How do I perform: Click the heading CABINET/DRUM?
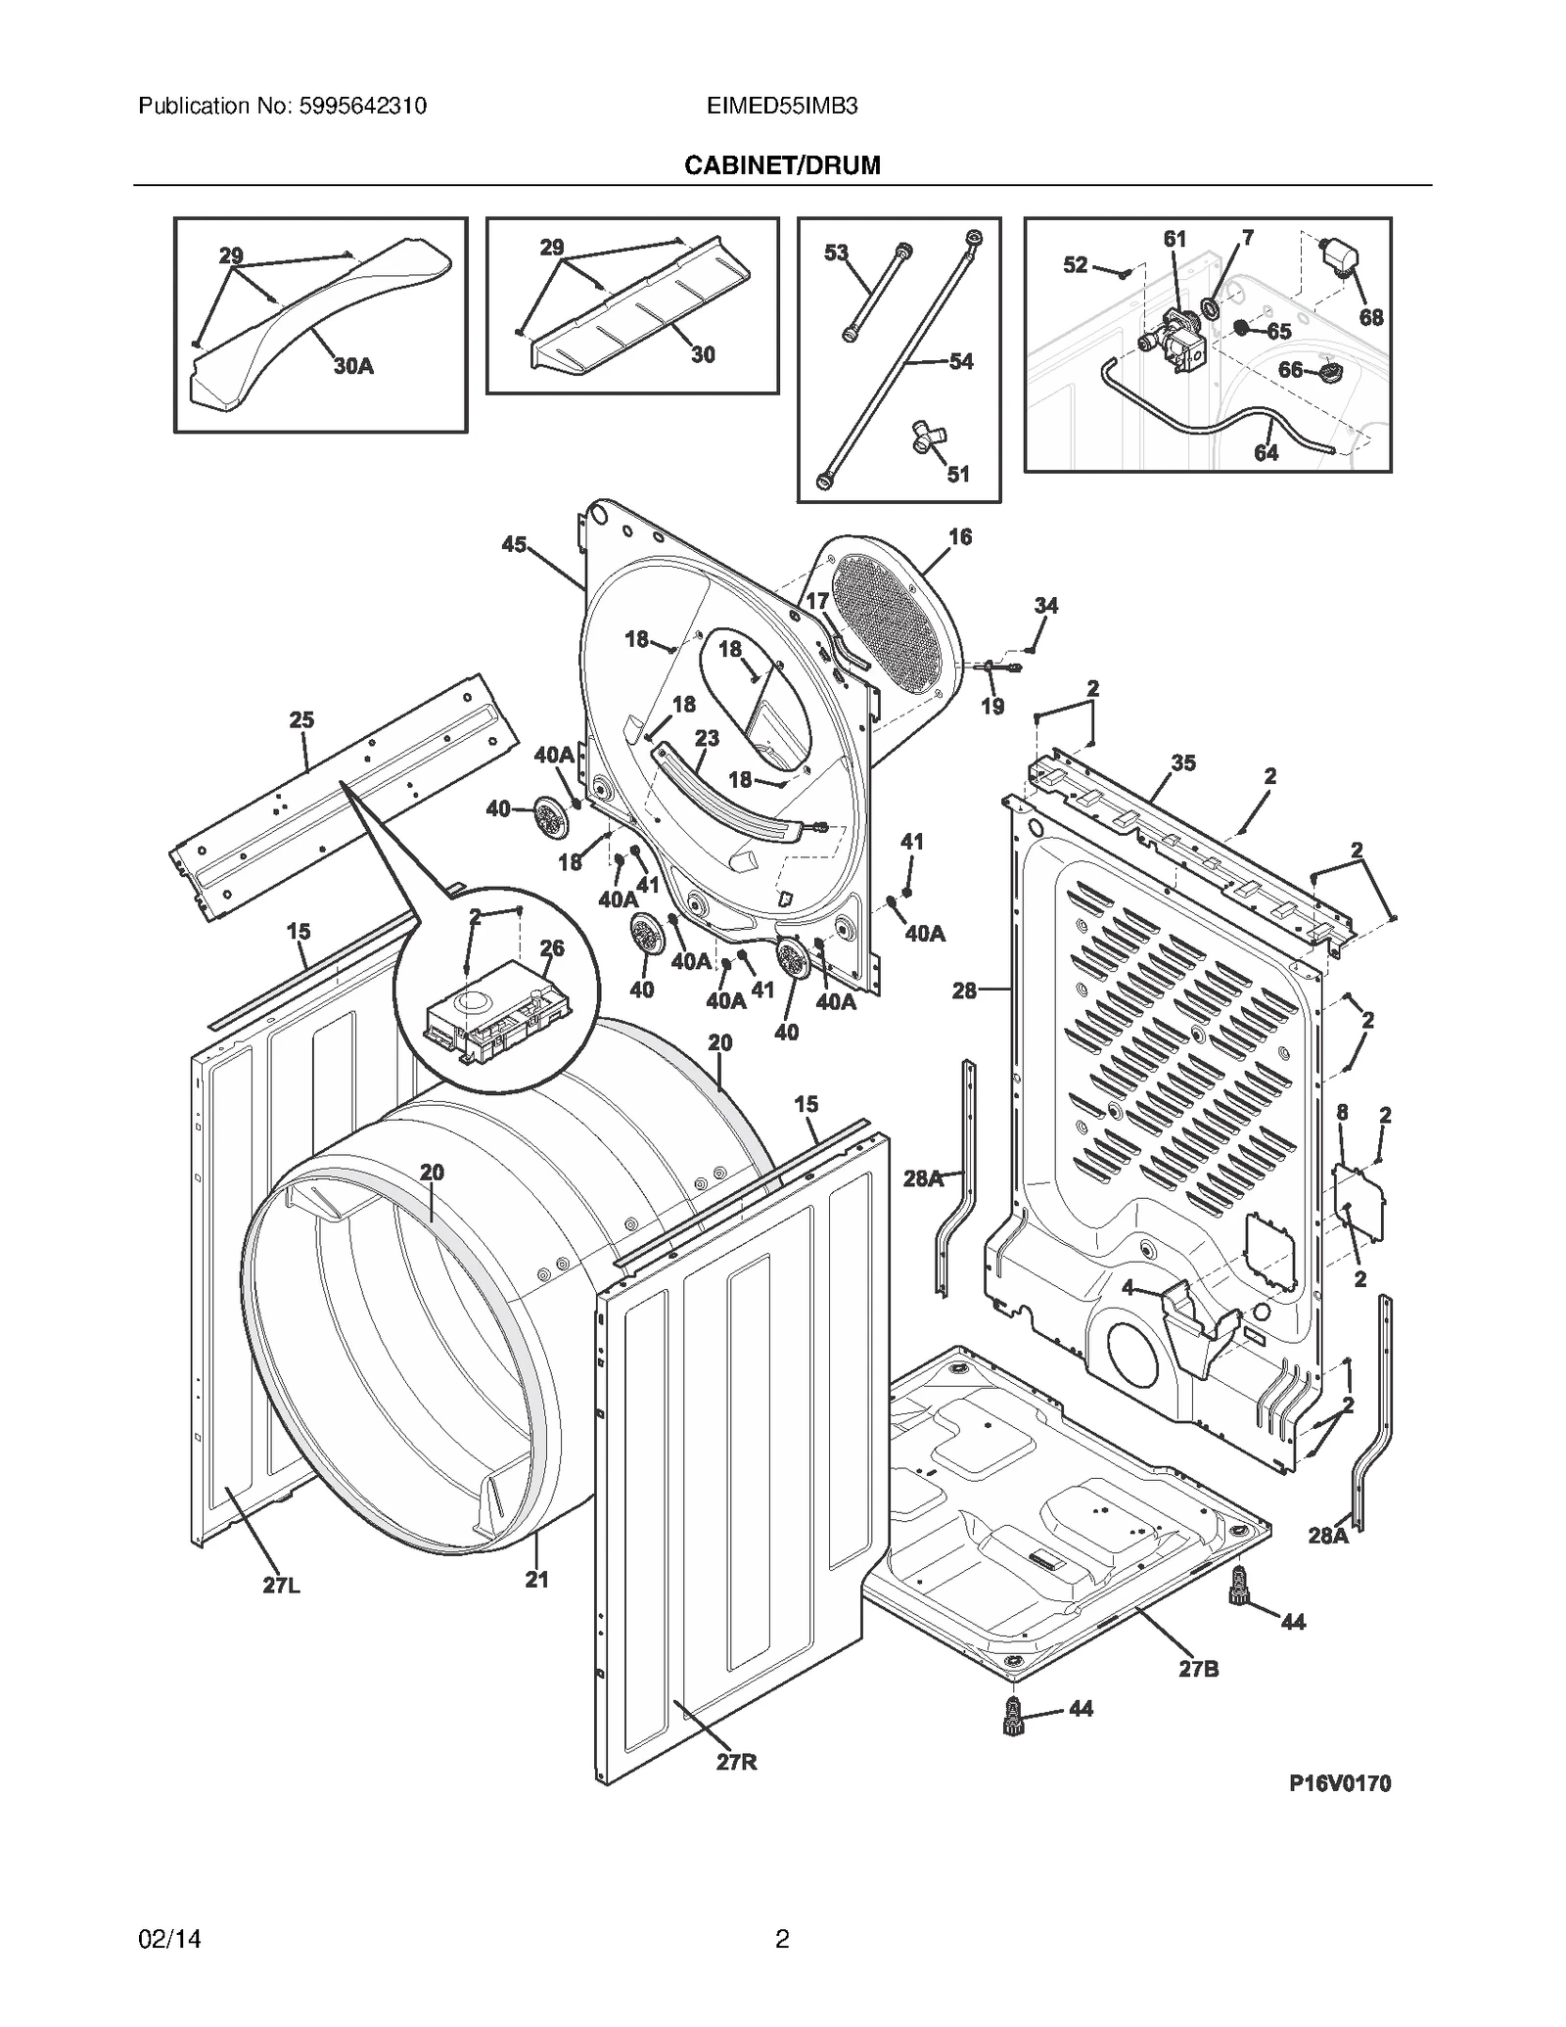[781, 165]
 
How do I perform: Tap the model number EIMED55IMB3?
[781, 106]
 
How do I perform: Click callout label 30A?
[352, 367]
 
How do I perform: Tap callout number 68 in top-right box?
[1370, 317]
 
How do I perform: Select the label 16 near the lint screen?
[959, 536]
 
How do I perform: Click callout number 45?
[514, 545]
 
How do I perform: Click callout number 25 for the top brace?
[301, 720]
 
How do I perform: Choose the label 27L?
[281, 1586]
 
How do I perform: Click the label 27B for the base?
[1198, 1669]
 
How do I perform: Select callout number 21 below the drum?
[536, 1579]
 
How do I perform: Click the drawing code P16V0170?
[1339, 1783]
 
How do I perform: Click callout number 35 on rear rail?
[1182, 762]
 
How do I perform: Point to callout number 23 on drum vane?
[707, 738]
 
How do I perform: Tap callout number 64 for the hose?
[1266, 453]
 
